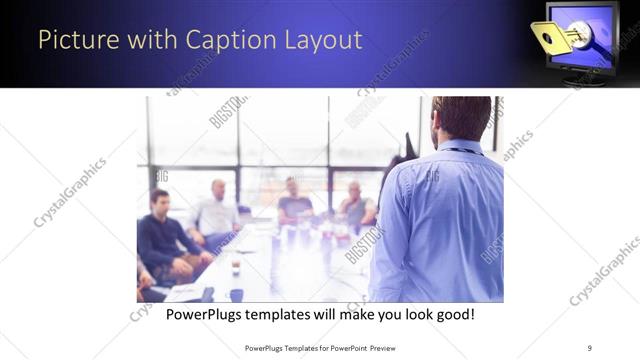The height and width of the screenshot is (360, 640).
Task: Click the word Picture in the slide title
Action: (71, 41)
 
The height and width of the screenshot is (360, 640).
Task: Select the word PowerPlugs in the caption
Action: (207, 314)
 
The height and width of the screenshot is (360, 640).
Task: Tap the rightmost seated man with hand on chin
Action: (355, 204)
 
